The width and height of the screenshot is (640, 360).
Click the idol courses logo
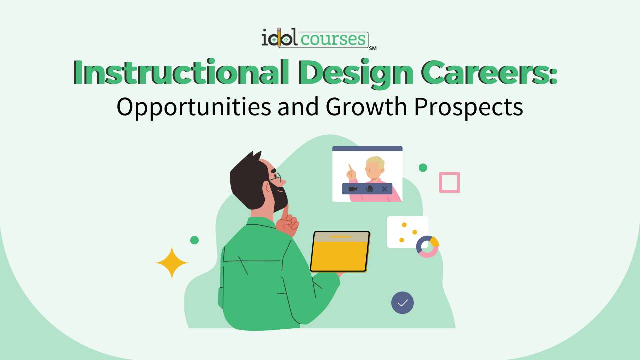pos(315,38)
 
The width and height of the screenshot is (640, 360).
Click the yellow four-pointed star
pos(172,263)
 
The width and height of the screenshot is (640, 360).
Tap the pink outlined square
pos(449,182)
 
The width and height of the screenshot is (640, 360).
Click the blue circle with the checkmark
pos(402,303)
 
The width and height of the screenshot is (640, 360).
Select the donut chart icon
pos(427,246)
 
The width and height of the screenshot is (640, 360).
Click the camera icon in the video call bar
pos(353,189)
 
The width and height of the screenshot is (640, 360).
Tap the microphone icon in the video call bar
pos(370,189)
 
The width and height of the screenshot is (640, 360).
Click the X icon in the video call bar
pos(384,189)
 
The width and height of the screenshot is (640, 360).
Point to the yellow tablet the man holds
pos(340,251)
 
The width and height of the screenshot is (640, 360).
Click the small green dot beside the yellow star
pos(195,240)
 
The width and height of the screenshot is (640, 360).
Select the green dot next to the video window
pos(423,168)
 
